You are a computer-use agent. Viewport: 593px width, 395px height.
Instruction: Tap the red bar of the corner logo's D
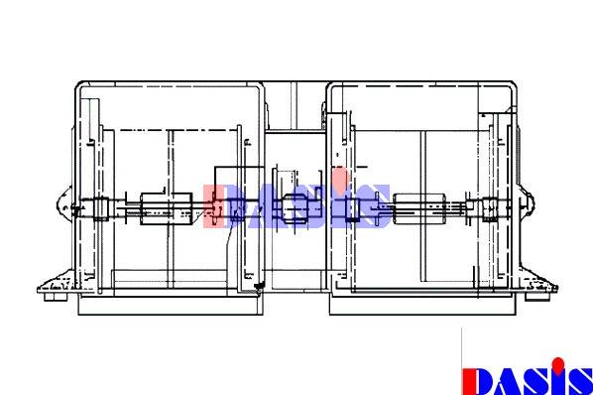pyautogui.click(x=468, y=382)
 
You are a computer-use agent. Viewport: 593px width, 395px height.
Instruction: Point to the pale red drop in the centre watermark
pyautogui.click(x=340, y=178)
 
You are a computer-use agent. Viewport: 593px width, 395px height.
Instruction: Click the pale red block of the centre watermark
pyautogui.click(x=213, y=206)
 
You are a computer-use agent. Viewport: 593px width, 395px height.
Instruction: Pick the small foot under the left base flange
pyautogui.click(x=56, y=298)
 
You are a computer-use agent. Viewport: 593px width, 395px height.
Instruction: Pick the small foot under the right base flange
pyautogui.click(x=537, y=297)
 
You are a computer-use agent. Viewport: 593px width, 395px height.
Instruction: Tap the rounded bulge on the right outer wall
pyautogui.click(x=528, y=205)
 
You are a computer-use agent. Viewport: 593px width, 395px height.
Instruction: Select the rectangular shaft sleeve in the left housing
pyautogui.click(x=166, y=208)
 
